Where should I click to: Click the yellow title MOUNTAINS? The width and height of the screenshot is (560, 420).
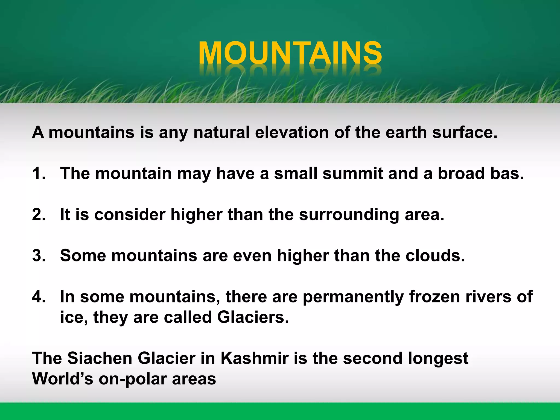(290, 53)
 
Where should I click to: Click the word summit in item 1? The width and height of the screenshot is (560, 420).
(353, 173)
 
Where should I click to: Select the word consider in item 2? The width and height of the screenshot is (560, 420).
(130, 214)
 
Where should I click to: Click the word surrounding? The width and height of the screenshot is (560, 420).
(349, 215)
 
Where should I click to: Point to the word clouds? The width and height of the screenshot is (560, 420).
(435, 255)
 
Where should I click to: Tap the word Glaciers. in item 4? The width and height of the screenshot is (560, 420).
(253, 317)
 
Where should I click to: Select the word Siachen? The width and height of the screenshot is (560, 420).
(100, 358)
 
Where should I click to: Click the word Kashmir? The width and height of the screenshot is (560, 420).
(255, 358)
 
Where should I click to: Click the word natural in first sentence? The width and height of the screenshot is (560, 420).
(221, 132)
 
